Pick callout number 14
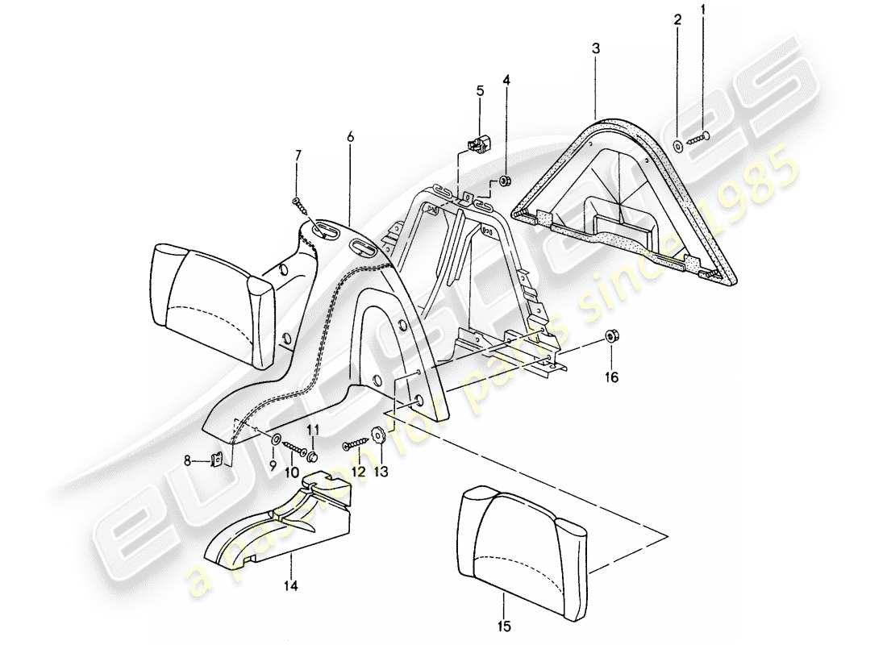coord(350,138)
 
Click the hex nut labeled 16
coord(272,466)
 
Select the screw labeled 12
coord(355,444)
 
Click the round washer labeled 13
coord(377,436)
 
